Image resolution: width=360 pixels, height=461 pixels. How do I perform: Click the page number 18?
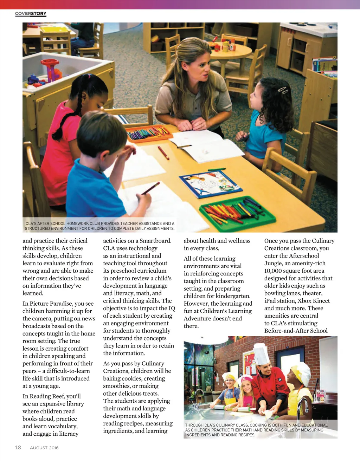pyautogui.click(x=18, y=447)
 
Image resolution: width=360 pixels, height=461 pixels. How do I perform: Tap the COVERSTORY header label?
pyautogui.click(x=31, y=14)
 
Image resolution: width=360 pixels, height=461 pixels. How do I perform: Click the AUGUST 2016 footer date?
pyautogui.click(x=44, y=448)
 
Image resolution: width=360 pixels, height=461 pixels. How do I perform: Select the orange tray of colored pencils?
pyautogui.click(x=149, y=134)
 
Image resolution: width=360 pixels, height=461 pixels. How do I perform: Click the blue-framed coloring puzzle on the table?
pyautogui.click(x=211, y=184)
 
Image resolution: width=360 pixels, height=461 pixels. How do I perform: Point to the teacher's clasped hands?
pyautogui.click(x=192, y=124)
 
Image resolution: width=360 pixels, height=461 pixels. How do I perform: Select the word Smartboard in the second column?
pyautogui.click(x=155, y=241)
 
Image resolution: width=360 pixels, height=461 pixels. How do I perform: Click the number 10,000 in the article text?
pyautogui.click(x=275, y=271)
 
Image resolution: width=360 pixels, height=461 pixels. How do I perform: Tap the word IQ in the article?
pyautogui.click(x=172, y=308)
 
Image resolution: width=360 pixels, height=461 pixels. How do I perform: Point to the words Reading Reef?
pyautogui.click(x=48, y=396)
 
